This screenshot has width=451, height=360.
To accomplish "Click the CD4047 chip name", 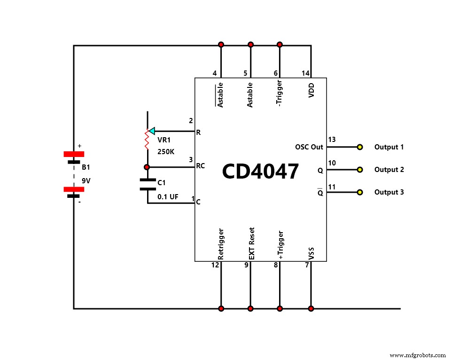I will point(260,172).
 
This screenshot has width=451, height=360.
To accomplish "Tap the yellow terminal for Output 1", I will point(360,147).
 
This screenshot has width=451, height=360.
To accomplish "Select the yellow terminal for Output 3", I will point(360,192).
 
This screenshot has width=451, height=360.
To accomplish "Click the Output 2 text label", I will point(389,170).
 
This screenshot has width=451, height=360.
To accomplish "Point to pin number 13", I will point(332,140).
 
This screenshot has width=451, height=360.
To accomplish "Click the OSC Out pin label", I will point(309,147).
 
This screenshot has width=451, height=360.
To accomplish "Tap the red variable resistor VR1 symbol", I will point(147,139).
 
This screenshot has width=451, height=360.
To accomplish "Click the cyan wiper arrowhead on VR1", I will point(151,131).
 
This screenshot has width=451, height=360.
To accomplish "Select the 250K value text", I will point(165,152).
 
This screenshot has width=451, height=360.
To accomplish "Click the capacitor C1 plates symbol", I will point(147,184).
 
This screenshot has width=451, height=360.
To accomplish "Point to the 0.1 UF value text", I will point(168,197).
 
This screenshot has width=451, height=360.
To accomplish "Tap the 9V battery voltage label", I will point(86,180).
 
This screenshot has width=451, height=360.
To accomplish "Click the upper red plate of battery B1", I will point(74,154).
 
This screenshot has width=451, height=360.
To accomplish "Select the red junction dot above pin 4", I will point(221,45).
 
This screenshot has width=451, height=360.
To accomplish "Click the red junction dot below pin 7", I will point(311,309).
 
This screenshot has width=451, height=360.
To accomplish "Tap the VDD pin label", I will point(311,90).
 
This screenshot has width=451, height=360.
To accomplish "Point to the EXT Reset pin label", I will point(251,243).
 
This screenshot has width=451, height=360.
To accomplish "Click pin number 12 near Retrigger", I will point(215,266).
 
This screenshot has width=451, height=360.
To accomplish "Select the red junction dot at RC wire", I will point(147,167).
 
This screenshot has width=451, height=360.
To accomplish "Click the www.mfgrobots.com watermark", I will point(418,355).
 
